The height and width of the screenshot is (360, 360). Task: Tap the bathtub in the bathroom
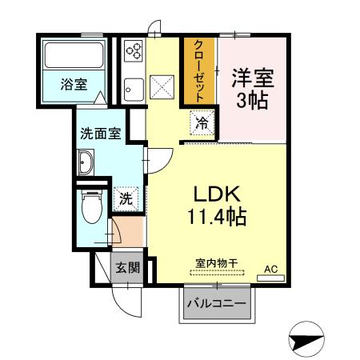(76, 55)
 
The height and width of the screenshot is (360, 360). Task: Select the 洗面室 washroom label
(100, 134)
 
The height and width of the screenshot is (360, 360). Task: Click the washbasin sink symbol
(86, 164)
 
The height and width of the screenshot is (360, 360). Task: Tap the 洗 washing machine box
(126, 199)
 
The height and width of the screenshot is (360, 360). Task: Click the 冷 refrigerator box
(203, 124)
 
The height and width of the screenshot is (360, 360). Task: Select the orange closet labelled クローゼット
(198, 70)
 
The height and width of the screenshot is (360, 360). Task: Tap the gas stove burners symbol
(133, 50)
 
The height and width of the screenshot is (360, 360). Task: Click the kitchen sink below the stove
(133, 88)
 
